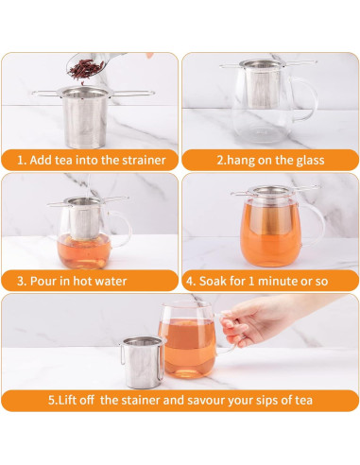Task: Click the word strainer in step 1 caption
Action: tap(142, 160)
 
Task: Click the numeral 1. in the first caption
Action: tap(21, 160)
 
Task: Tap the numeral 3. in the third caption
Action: tap(21, 281)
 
